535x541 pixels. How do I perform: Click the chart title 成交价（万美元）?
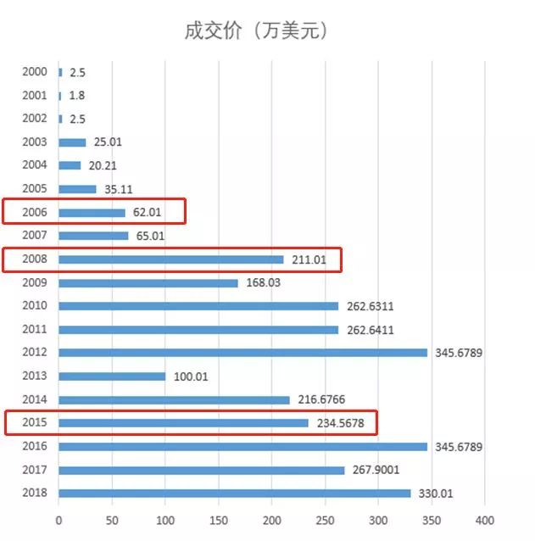point(256,31)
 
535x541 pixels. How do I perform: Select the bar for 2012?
point(243,352)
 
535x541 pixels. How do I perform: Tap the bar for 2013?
point(112,376)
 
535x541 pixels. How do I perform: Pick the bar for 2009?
point(148,282)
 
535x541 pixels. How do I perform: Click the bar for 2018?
point(235,493)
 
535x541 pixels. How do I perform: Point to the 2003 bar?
point(72,142)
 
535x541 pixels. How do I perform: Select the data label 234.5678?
point(343,422)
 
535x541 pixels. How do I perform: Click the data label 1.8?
point(77,96)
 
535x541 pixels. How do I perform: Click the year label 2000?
point(35,72)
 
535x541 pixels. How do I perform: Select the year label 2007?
point(35,236)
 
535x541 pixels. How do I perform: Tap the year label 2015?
point(35,422)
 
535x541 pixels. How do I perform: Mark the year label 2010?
point(35,306)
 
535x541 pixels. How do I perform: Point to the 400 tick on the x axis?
point(484,520)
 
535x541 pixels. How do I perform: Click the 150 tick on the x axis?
point(219,520)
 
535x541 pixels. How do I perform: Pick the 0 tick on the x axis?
point(59,520)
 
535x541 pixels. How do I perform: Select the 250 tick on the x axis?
point(325,520)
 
